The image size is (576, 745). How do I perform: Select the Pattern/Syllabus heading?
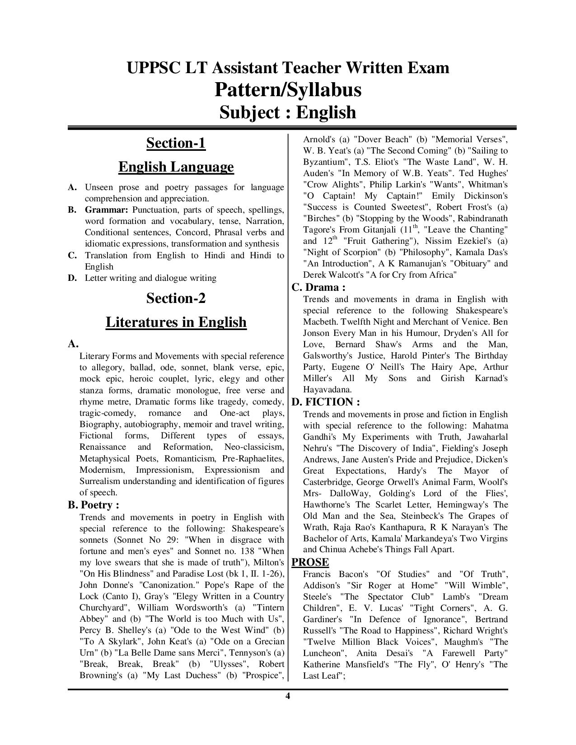[288, 89]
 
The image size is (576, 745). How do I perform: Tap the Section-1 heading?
[176, 143]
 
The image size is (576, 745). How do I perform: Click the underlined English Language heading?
[176, 167]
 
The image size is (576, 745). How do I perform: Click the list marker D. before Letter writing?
[72, 278]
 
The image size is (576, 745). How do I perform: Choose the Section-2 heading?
[176, 298]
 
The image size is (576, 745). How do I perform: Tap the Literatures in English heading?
[176, 322]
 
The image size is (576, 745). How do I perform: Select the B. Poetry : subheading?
[94, 505]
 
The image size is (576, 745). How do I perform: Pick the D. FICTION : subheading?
[326, 402]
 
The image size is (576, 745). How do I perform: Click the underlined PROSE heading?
[310, 562]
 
